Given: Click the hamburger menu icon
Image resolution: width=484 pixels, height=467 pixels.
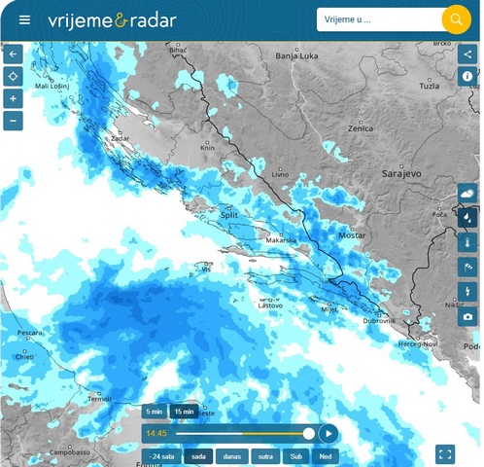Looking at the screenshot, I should click(24, 19).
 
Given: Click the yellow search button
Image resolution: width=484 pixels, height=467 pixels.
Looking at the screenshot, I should click(455, 19).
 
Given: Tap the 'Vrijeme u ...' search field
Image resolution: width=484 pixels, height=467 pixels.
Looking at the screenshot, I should click(379, 19).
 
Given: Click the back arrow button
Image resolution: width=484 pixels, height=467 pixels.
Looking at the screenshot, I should click(14, 54).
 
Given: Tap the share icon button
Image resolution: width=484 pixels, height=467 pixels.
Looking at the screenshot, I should click(467, 54).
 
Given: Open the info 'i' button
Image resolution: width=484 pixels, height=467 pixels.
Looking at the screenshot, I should click(467, 76).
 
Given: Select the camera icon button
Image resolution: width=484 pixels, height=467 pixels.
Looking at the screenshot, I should click(467, 316).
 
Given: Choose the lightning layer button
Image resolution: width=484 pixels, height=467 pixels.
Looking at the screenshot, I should click(467, 291).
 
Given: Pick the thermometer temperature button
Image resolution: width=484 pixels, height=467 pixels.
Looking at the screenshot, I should click(467, 241).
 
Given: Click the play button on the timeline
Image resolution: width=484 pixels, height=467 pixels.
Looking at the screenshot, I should click(328, 433).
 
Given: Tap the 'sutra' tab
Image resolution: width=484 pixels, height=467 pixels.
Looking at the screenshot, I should click(263, 456).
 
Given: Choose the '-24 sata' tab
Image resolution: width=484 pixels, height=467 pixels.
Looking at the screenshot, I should click(160, 456).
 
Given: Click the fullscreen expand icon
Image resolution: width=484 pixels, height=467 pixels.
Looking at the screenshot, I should click(445, 453).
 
